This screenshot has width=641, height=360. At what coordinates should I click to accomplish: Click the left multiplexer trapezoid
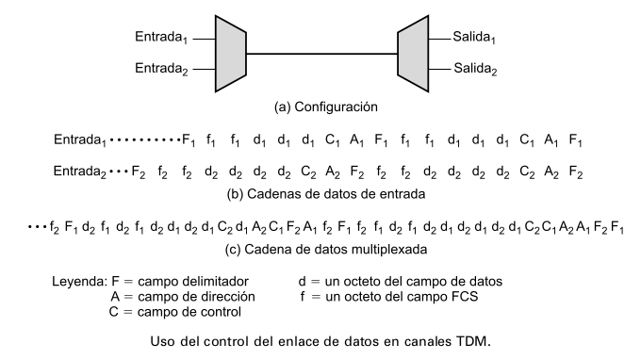click(x=231, y=54)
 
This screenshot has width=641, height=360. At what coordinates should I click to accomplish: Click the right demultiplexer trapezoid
click(x=413, y=54)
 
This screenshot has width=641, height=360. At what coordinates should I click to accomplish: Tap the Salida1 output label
click(x=474, y=37)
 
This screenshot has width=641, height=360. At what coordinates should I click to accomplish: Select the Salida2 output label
click(x=475, y=69)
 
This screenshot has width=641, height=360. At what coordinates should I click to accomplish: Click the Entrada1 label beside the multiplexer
click(x=161, y=37)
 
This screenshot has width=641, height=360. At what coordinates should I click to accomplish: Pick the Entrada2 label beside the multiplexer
click(x=161, y=69)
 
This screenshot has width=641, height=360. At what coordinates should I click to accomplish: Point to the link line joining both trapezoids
click(x=321, y=54)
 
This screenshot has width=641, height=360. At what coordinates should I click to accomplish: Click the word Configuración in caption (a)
click(x=336, y=107)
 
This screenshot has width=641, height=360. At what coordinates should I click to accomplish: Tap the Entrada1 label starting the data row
click(x=80, y=140)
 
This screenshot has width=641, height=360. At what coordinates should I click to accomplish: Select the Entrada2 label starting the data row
click(x=80, y=172)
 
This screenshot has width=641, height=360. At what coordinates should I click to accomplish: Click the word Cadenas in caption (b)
click(x=271, y=194)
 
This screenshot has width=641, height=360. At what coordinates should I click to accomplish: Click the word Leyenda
click(x=79, y=282)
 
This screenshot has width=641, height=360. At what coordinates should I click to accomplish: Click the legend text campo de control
click(x=189, y=312)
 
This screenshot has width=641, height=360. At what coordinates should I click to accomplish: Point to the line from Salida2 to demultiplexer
click(x=439, y=70)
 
